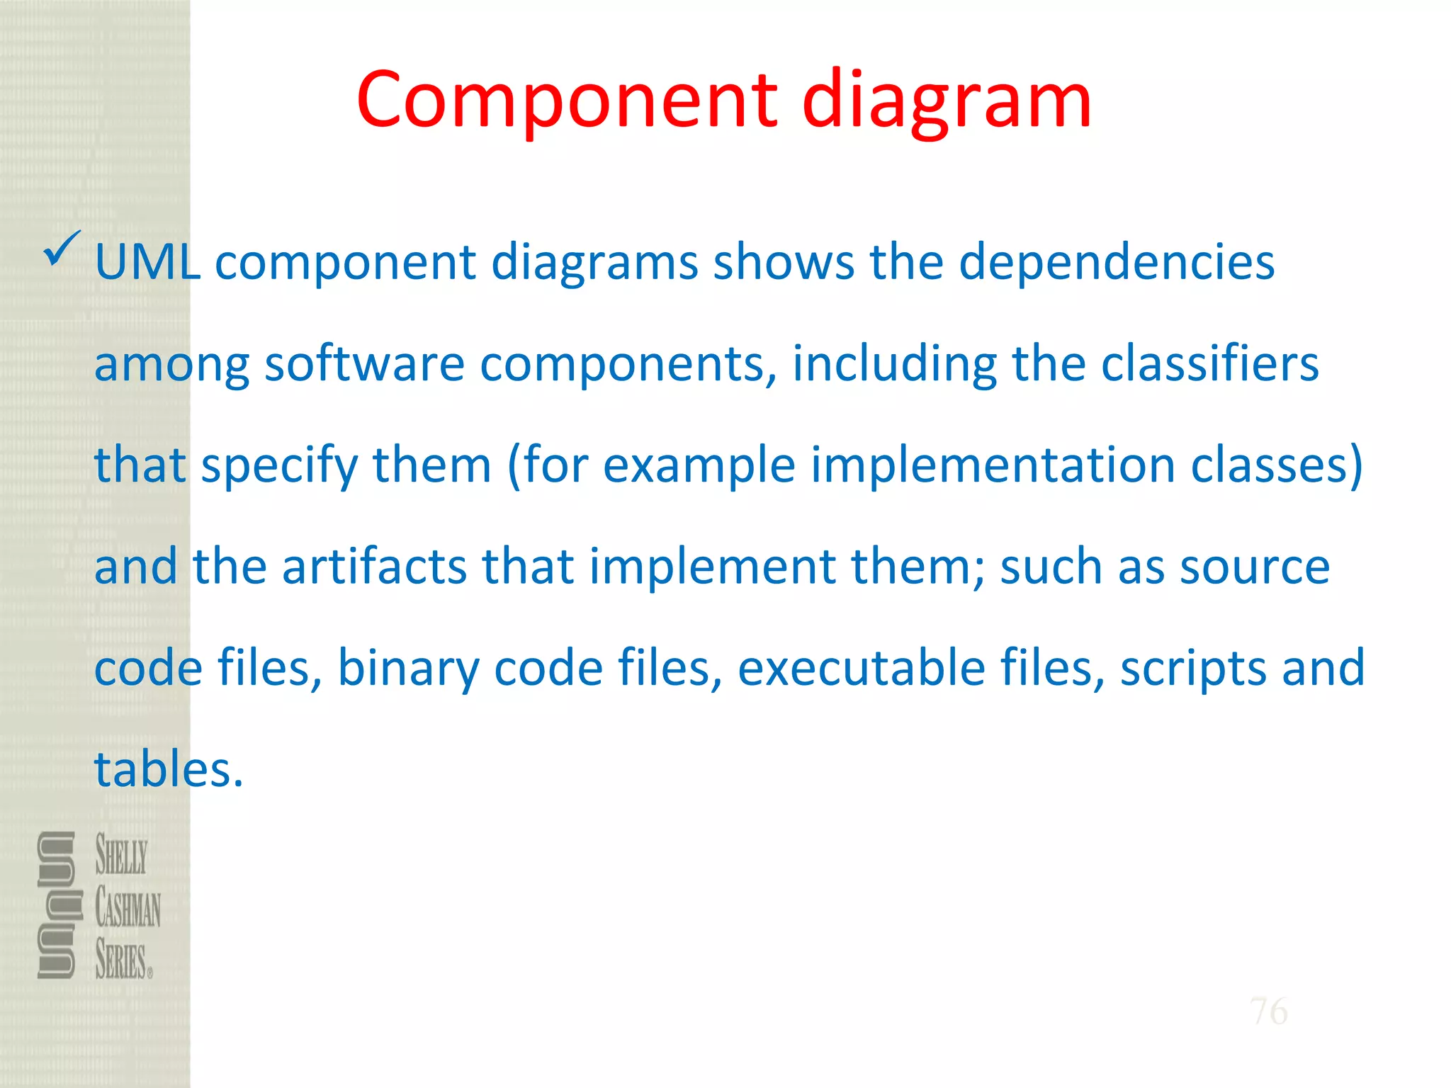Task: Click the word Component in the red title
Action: pyautogui.click(x=567, y=101)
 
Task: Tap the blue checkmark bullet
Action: pyautogui.click(x=62, y=249)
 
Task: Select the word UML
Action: pyautogui.click(x=147, y=262)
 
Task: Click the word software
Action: pyautogui.click(x=364, y=364)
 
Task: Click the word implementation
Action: pyautogui.click(x=993, y=466)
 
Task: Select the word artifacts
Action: pyautogui.click(x=374, y=567)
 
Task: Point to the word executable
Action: pyautogui.click(x=862, y=669)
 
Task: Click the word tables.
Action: pyautogui.click(x=169, y=770)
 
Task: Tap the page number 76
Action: pyautogui.click(x=1268, y=1011)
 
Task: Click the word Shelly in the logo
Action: pyautogui.click(x=121, y=854)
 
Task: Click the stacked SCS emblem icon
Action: pyautogui.click(x=57, y=905)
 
